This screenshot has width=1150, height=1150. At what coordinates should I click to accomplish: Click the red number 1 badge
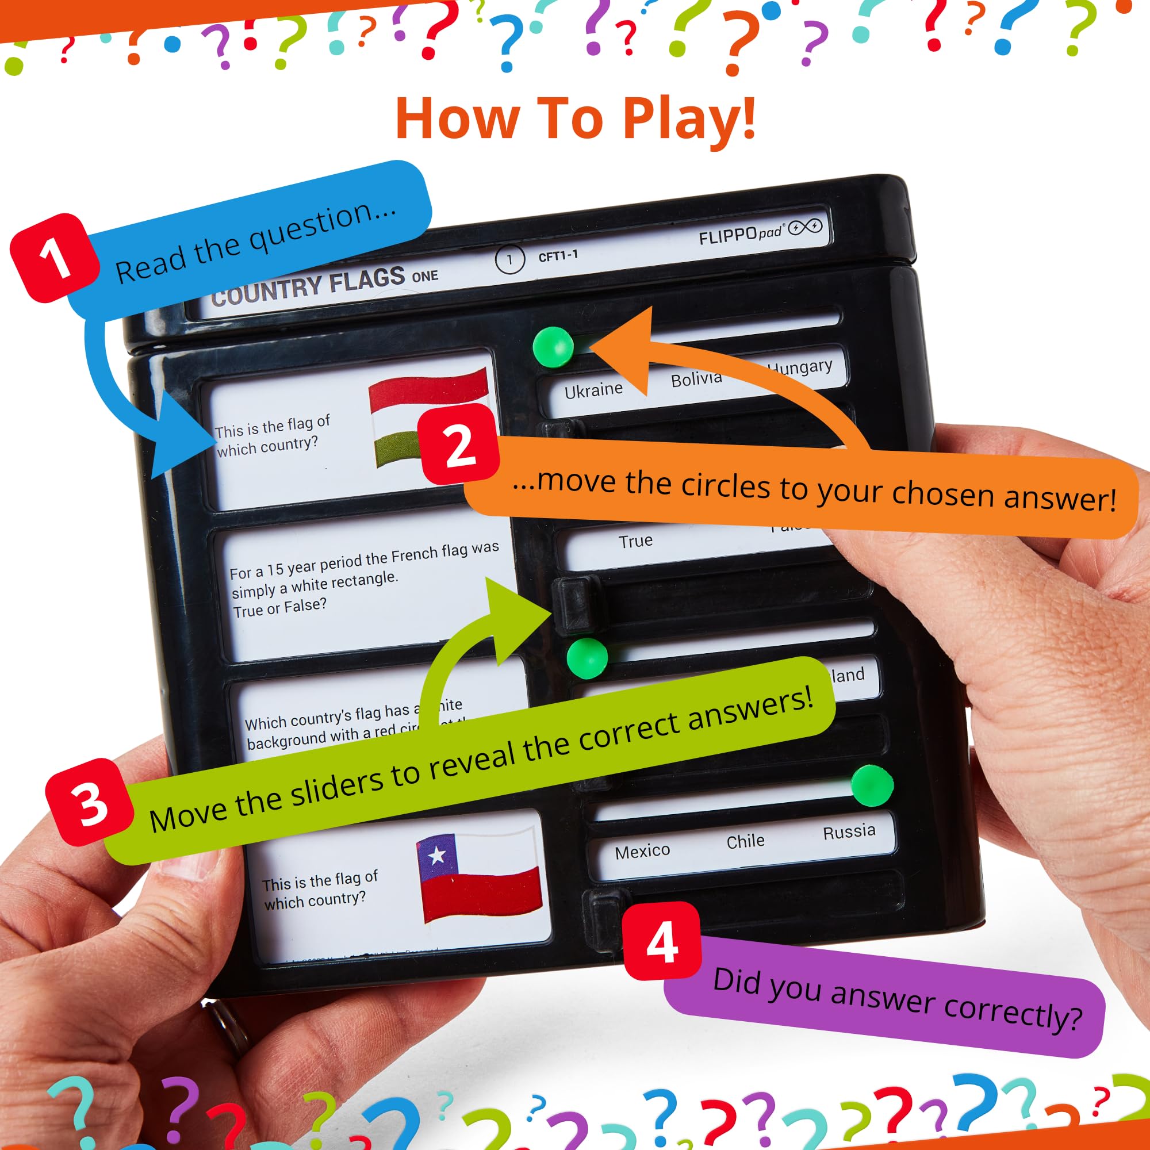(54, 257)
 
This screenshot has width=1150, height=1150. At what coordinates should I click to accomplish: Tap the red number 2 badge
(459, 444)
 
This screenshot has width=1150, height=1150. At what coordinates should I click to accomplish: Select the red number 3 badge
(90, 802)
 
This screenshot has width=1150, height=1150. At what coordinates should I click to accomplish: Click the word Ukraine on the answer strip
(593, 390)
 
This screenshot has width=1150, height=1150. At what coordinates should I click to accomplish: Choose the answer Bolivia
(696, 379)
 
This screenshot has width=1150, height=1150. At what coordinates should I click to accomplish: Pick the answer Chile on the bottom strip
(745, 841)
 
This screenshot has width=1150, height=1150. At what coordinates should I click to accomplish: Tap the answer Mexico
(642, 852)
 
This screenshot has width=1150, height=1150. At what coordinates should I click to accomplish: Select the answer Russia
(848, 831)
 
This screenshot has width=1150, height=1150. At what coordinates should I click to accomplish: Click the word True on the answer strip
(635, 541)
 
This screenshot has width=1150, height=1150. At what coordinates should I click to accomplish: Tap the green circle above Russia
(872, 785)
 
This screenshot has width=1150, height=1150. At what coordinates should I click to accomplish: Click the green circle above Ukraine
(553, 346)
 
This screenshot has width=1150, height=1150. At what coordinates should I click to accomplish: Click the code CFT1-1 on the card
(558, 256)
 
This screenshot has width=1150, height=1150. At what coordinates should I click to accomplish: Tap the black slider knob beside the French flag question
(575, 604)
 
